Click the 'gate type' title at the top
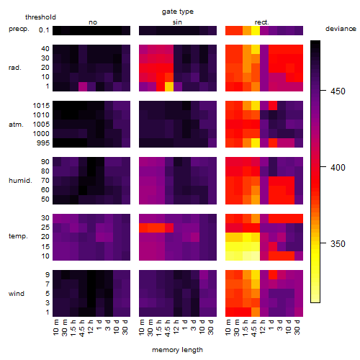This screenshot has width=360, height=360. (178, 12)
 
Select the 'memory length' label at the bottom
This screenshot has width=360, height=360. (177, 350)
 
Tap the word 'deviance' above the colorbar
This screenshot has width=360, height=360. (341, 29)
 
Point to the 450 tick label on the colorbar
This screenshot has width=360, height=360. (338, 91)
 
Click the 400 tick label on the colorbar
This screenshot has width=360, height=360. (338, 167)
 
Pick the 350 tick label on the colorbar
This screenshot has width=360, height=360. (338, 244)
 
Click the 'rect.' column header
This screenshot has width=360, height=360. (261, 22)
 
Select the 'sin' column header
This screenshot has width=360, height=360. (177, 22)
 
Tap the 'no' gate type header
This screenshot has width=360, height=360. (93, 22)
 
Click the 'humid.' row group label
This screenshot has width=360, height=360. (20, 181)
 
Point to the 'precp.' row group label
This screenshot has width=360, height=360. (19, 29)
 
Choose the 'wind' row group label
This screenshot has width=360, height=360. (17, 294)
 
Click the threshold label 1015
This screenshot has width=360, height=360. (41, 106)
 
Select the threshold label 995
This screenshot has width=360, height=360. (43, 143)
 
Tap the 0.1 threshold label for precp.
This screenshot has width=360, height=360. (44, 30)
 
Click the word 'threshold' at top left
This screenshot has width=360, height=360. (40, 17)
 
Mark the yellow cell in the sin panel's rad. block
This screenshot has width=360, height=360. (169, 86)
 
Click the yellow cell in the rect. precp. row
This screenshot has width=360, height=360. (256, 30)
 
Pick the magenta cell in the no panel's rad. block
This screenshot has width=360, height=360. (83, 86)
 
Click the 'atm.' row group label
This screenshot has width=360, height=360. (16, 125)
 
